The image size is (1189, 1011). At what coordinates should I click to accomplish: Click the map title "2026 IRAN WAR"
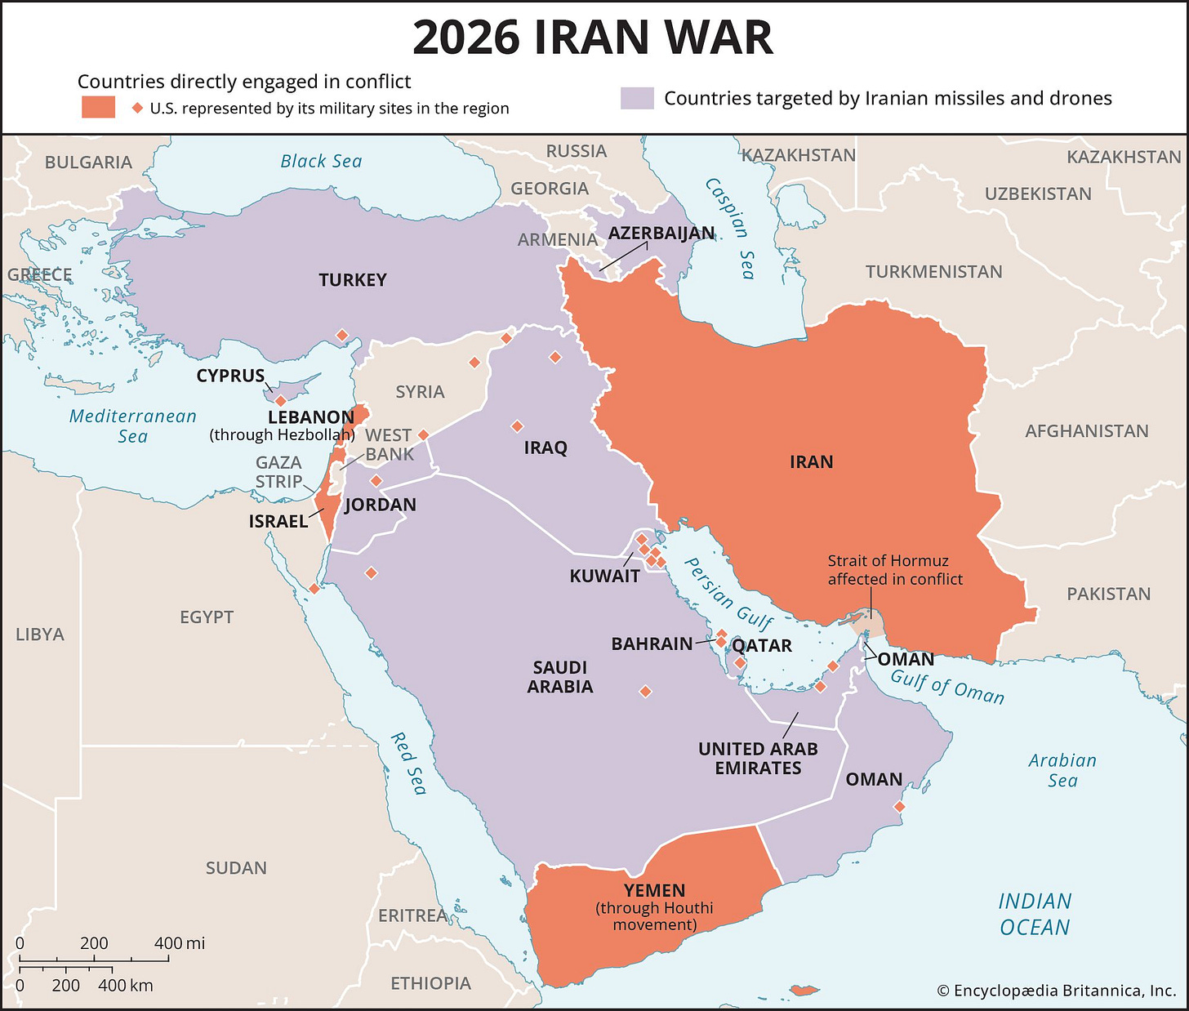click(x=593, y=38)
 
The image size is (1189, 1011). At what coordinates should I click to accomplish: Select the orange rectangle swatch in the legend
click(x=98, y=108)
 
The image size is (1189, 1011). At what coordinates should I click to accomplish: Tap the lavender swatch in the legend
click(x=637, y=99)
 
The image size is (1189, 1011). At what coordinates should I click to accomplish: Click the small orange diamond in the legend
click(x=137, y=108)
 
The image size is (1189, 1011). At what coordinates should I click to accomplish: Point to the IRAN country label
click(x=811, y=462)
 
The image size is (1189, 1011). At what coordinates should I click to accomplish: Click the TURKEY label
click(x=353, y=280)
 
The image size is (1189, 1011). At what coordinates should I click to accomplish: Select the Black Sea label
click(x=321, y=162)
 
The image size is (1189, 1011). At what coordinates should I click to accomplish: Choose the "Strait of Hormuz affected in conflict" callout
click(x=895, y=570)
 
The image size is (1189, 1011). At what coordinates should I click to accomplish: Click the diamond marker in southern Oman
click(x=899, y=807)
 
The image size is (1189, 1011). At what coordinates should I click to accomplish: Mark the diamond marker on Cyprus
click(x=280, y=401)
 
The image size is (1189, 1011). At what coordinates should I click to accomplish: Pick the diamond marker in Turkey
click(x=342, y=336)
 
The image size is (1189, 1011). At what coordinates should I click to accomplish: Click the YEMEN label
click(x=654, y=891)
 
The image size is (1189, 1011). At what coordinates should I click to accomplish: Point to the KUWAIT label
click(x=604, y=576)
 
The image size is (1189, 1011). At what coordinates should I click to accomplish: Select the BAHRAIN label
click(x=652, y=644)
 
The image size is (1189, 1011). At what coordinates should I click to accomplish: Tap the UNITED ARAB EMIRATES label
click(x=758, y=759)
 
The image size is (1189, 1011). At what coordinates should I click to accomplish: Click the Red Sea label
click(x=408, y=764)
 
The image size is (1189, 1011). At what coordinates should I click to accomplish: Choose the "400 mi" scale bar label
click(x=180, y=943)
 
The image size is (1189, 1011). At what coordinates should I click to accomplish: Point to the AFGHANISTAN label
click(x=1086, y=431)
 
